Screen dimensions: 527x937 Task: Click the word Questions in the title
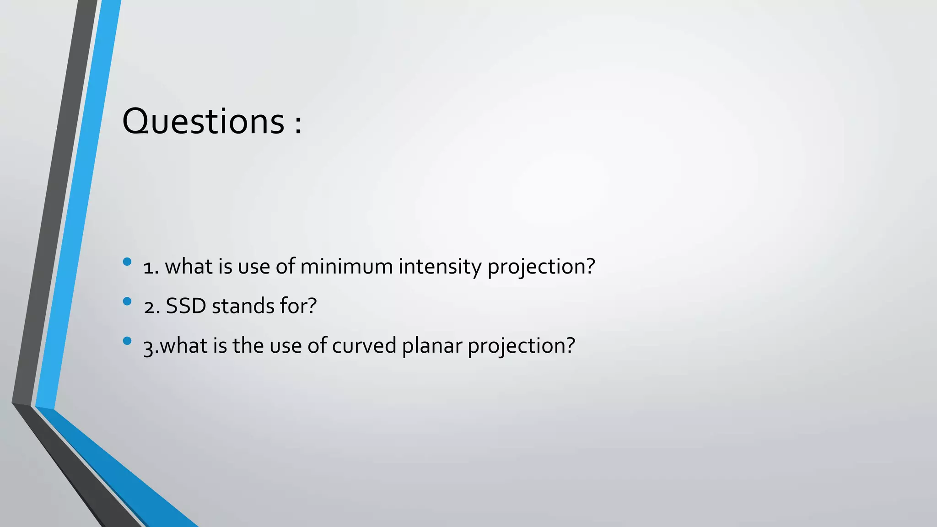tap(203, 122)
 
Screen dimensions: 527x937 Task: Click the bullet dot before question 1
tap(127, 262)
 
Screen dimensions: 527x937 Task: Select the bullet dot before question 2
tap(127, 301)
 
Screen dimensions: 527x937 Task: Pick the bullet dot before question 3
tap(127, 340)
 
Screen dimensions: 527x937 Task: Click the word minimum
tap(346, 266)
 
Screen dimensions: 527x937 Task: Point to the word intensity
tap(440, 266)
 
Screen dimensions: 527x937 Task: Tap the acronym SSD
tap(186, 306)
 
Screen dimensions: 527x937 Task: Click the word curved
tap(364, 345)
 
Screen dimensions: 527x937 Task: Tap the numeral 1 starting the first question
tap(148, 267)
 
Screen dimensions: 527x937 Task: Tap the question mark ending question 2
tap(312, 306)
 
